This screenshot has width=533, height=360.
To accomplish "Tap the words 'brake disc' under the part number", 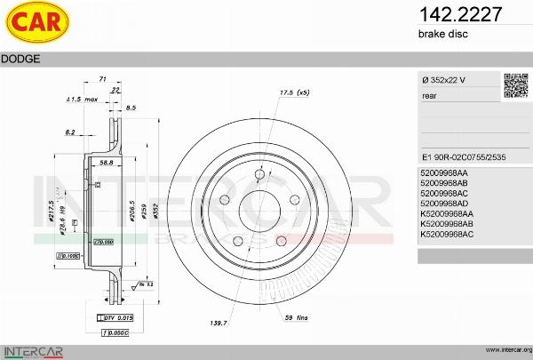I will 442,34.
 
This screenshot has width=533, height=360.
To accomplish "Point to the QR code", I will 515,86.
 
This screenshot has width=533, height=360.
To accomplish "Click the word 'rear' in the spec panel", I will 430,96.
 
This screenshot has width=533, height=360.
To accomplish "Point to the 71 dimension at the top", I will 102,79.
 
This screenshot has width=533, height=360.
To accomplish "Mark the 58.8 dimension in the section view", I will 105,164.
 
